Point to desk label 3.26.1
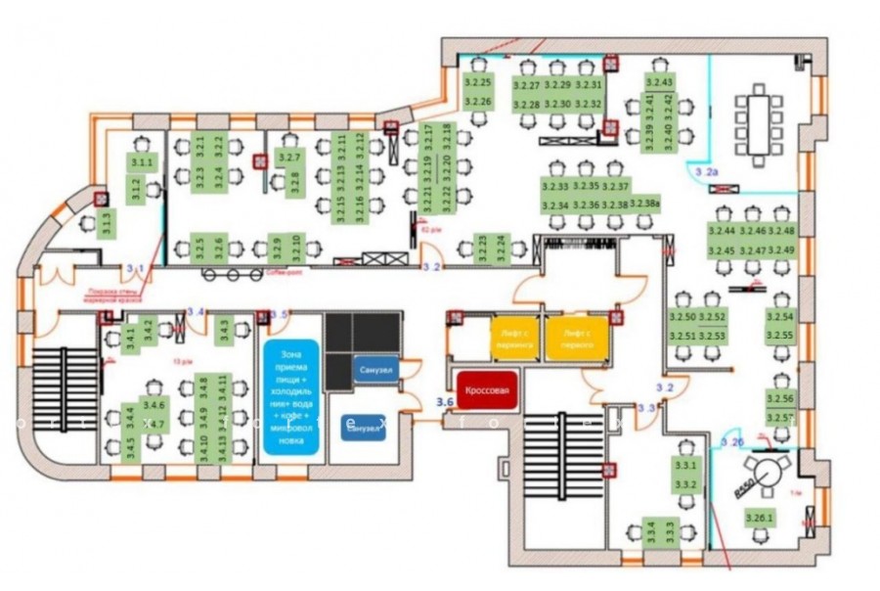pyautogui.click(x=759, y=518)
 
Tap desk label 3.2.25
pyautogui.click(x=478, y=81)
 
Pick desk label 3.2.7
pyautogui.click(x=290, y=157)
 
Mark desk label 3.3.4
pyautogui.click(x=649, y=532)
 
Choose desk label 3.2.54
pyautogui.click(x=780, y=317)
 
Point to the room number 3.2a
pyautogui.click(x=706, y=172)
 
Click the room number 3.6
pyautogui.click(x=445, y=400)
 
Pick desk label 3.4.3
pyautogui.click(x=224, y=330)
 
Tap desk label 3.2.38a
pyautogui.click(x=645, y=203)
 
